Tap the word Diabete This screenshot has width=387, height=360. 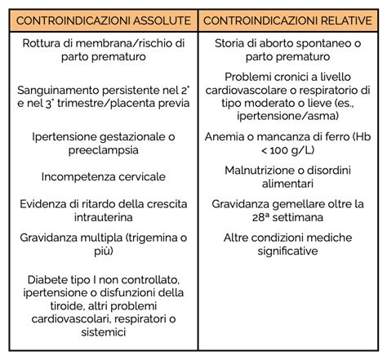pyautogui.click(x=48, y=278)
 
